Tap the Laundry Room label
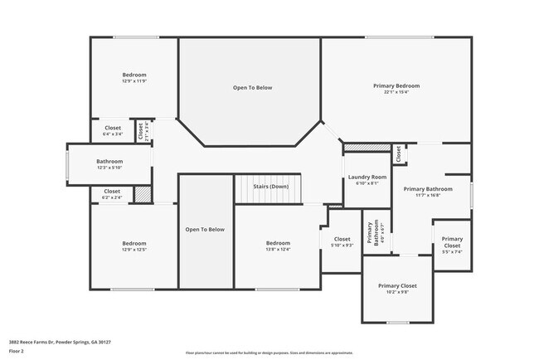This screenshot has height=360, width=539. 367,178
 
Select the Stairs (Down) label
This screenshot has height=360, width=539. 270,187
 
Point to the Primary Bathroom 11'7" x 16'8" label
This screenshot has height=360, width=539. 428,192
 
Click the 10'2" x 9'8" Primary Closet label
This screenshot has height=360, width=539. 397,288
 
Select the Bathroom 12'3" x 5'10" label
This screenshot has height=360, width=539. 109,164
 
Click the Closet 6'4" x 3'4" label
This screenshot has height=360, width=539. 112,130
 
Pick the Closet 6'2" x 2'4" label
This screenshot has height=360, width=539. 111,194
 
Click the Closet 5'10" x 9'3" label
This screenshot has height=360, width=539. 342,241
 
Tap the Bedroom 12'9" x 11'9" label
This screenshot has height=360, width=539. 134,77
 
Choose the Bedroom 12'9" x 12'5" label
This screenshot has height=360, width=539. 134,246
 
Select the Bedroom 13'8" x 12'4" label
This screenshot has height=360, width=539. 277,246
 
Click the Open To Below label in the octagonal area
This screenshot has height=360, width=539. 252,87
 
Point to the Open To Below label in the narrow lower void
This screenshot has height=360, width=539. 205,229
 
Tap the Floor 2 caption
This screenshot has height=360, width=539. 17,351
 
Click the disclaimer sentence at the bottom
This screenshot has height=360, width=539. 269,353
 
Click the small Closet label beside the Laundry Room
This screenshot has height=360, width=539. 398,153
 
